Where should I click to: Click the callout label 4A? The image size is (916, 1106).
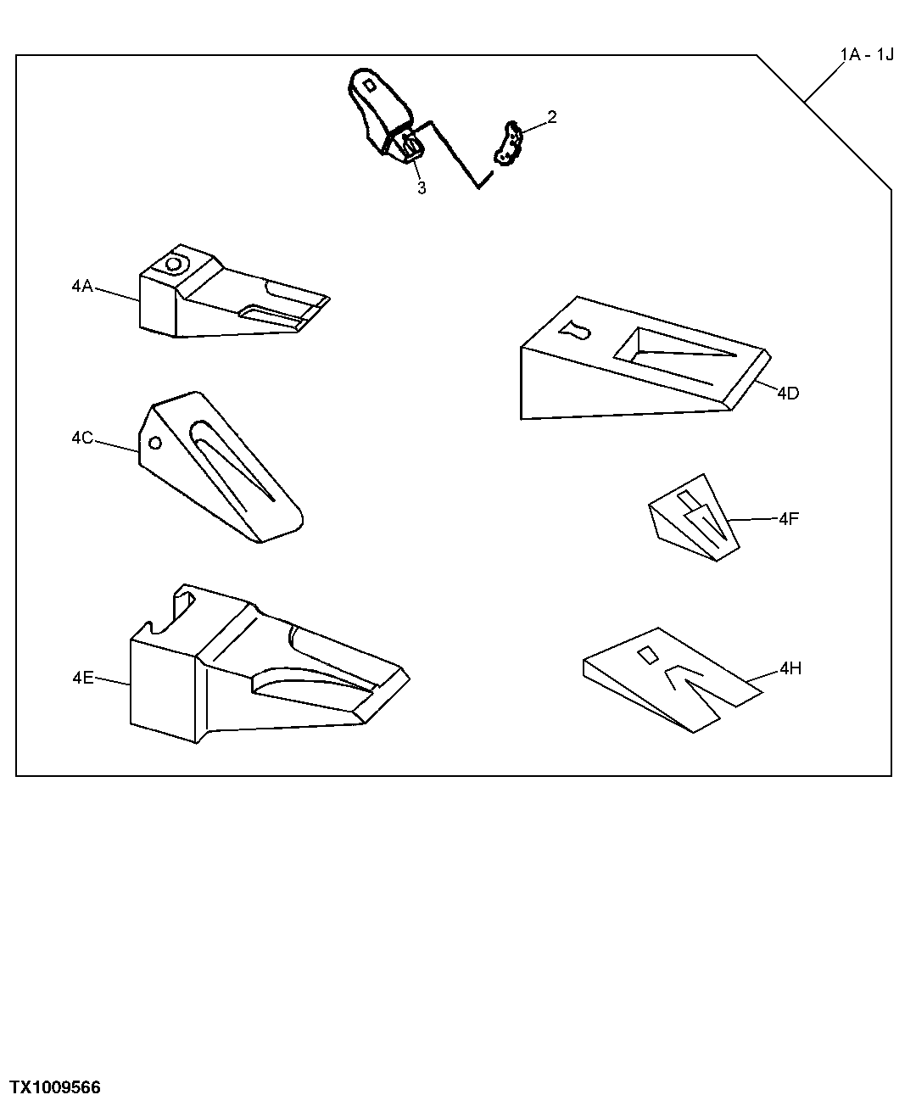coord(82,287)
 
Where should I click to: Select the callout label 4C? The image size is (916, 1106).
coord(82,438)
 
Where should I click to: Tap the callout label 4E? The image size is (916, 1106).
coord(82,677)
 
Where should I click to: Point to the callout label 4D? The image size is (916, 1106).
coord(788,393)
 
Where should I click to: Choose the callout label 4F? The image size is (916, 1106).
coord(789,518)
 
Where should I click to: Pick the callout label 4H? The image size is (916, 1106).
coord(790,669)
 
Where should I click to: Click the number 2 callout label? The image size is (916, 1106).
coord(551,117)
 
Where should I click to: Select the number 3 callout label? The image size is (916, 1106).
coord(422,188)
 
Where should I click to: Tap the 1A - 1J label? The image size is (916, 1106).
coord(866,55)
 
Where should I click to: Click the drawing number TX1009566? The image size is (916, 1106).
coord(55,1087)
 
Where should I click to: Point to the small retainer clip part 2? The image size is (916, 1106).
coord(507,142)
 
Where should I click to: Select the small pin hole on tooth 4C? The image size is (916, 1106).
coord(154,443)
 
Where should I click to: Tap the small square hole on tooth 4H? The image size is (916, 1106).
coord(647,654)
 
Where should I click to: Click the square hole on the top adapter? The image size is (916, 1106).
coord(370,86)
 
